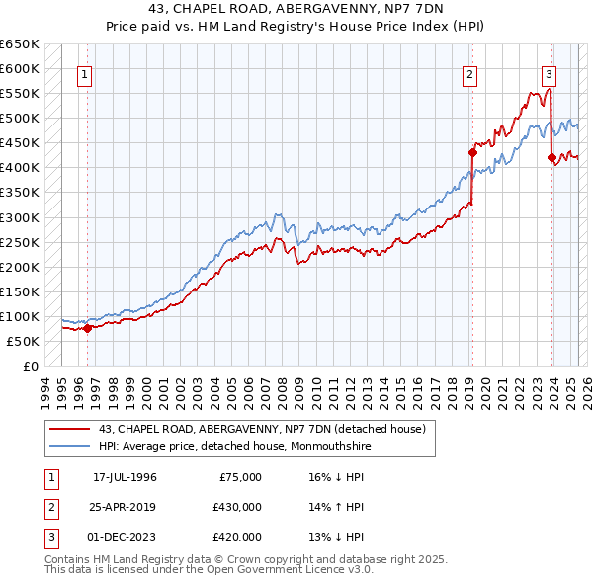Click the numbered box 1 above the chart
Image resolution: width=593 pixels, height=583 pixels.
[85, 74]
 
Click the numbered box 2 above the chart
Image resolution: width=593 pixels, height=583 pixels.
[470, 74]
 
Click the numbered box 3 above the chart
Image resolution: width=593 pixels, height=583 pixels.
[549, 74]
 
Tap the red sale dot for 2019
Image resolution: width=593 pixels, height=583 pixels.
[472, 152]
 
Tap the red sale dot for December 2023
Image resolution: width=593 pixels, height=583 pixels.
[551, 157]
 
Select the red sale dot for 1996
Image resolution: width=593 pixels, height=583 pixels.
[87, 328]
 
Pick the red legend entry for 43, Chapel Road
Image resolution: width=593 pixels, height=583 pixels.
[262, 428]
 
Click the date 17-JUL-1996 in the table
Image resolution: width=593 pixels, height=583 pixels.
[125, 477]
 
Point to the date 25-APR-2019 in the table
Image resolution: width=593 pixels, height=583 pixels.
[125, 507]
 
